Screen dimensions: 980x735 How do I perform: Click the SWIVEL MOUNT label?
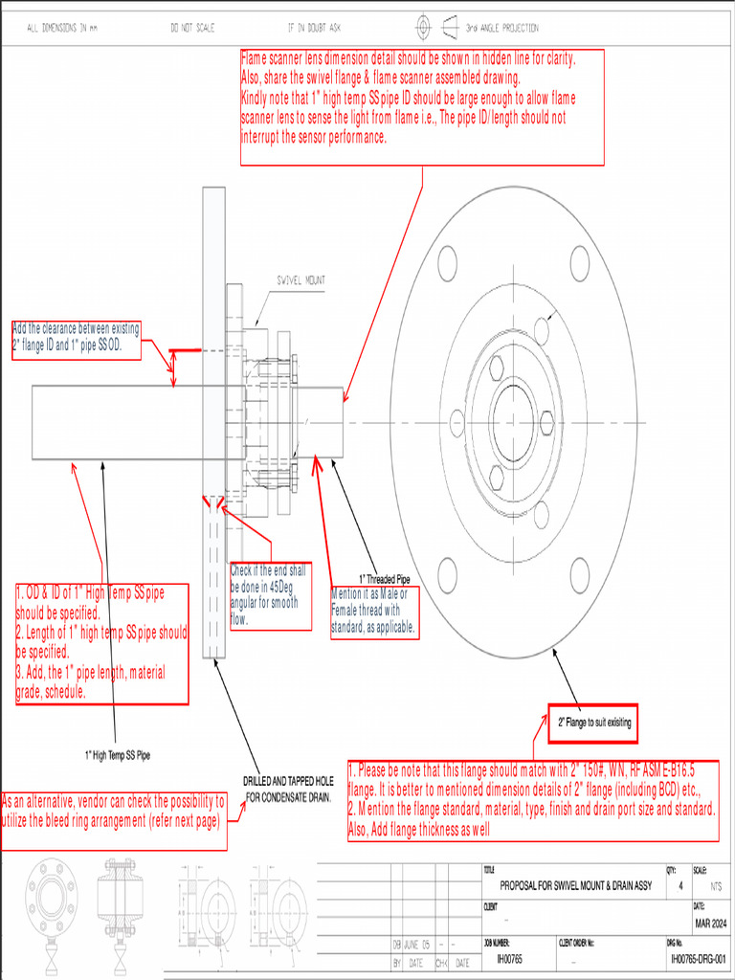(x=301, y=280)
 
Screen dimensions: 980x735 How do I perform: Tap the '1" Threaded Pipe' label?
(x=385, y=578)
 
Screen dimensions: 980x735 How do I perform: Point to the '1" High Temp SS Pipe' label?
(x=117, y=755)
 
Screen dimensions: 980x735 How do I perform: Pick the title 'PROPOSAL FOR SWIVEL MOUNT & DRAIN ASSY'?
(x=575, y=885)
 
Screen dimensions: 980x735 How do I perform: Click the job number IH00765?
(x=503, y=957)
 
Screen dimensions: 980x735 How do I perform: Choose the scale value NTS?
(x=716, y=886)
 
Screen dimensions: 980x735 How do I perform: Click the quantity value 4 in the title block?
(x=680, y=886)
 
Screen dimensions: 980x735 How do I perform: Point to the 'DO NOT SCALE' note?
(x=192, y=29)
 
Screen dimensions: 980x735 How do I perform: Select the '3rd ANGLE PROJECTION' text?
(x=501, y=29)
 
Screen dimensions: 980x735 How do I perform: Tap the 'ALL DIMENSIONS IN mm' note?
(x=62, y=29)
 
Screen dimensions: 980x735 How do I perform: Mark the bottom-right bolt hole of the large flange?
(x=579, y=575)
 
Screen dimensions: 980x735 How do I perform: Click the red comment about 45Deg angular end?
(x=271, y=593)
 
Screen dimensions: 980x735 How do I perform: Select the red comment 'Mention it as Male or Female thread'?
(x=373, y=611)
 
